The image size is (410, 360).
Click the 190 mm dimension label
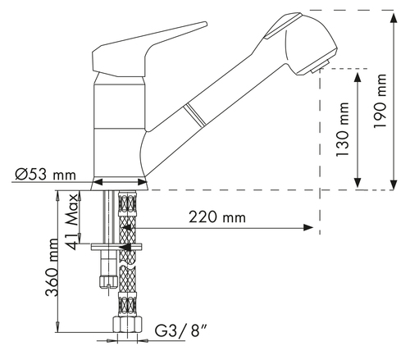(380, 101)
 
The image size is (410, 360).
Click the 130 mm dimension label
(343, 130)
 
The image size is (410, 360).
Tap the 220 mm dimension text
(217, 217)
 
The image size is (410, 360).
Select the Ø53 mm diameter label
(45, 175)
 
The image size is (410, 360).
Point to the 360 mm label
(52, 267)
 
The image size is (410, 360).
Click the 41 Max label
(72, 221)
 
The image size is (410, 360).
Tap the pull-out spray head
(301, 43)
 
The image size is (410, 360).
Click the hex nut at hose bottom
(128, 325)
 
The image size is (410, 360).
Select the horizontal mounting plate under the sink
(116, 247)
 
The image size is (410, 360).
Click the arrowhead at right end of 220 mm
(308, 227)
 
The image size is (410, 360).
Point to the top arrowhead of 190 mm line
(394, 18)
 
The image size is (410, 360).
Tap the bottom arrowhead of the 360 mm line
(57, 326)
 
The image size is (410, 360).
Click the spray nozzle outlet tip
(321, 66)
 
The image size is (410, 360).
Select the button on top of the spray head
(285, 25)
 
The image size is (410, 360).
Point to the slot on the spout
(194, 116)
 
